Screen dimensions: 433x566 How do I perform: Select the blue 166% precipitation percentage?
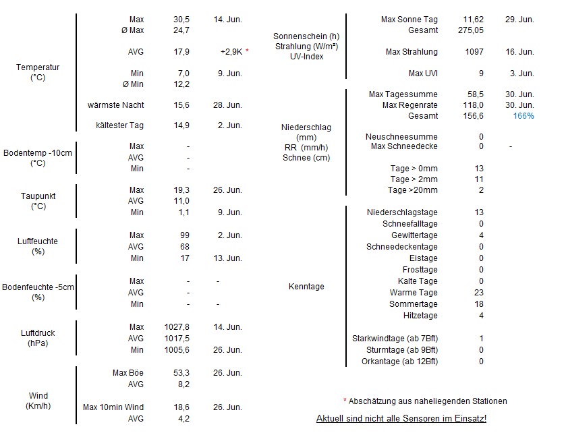[x=523, y=116]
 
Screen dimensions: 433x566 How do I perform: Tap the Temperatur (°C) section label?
[x=38, y=72]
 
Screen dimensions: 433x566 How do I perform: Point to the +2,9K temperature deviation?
[x=232, y=52]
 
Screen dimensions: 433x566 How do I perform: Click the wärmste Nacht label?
[x=115, y=105]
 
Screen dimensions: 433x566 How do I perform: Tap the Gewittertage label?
[x=414, y=235]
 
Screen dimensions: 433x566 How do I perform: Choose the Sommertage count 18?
[x=480, y=304]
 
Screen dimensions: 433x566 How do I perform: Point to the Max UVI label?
[x=423, y=73]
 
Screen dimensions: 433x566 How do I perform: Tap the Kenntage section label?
[x=306, y=287]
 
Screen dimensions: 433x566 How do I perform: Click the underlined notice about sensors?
[x=401, y=419]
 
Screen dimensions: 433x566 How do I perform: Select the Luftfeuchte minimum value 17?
[x=185, y=258]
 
